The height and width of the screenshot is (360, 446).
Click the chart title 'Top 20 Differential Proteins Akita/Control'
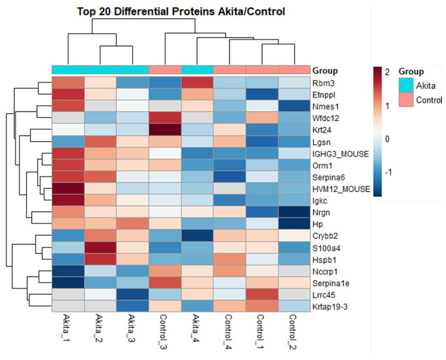[x=181, y=12]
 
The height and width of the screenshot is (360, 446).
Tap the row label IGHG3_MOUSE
[x=341, y=154]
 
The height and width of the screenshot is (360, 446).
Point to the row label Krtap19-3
[x=330, y=307]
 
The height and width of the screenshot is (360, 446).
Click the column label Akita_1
[x=68, y=328]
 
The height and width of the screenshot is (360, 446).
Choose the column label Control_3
[x=165, y=332]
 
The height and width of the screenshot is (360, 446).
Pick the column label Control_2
[x=294, y=332]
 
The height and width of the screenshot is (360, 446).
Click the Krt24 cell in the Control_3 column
[x=165, y=130]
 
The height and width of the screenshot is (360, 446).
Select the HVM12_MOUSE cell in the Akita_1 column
[x=68, y=189]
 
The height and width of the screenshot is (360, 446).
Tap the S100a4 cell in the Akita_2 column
[x=100, y=248]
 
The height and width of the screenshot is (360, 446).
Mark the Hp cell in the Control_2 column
[x=294, y=224]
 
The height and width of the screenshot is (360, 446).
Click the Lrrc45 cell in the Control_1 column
[x=262, y=295]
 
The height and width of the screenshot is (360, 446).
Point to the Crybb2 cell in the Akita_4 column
[x=197, y=236]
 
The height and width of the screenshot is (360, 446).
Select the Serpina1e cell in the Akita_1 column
[x=68, y=283]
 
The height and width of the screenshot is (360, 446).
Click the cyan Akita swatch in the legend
[x=406, y=85]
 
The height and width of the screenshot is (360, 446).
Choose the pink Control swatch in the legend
[x=406, y=99]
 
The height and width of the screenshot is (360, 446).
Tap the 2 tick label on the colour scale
[x=387, y=72]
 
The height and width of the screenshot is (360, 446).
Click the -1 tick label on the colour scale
[x=388, y=172]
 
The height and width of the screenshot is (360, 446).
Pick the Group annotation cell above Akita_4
[x=197, y=70]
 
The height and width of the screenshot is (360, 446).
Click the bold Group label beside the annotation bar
[x=325, y=71]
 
